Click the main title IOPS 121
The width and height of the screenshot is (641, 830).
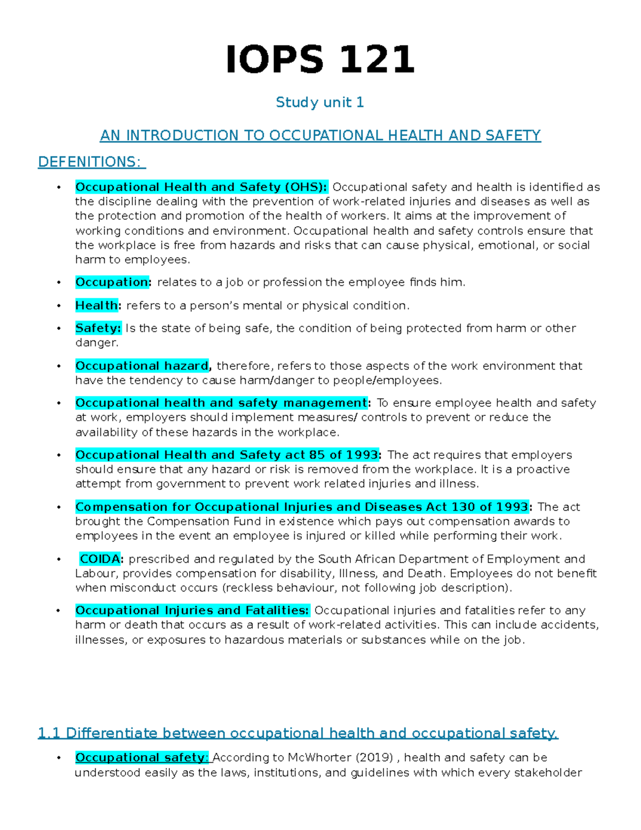coord(320,59)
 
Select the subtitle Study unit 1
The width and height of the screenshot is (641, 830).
coord(319,102)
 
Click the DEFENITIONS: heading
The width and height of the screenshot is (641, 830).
coord(91,162)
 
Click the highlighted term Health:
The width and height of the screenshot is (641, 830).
coord(98,305)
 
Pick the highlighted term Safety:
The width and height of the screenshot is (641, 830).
coord(98,328)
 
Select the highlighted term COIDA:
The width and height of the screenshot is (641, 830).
coord(101,559)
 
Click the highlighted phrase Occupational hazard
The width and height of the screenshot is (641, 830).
coord(142,366)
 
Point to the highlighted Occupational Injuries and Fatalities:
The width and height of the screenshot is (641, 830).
coord(192,610)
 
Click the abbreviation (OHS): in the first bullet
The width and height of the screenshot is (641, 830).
coord(306,187)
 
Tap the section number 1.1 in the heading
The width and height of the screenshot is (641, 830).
coord(49,733)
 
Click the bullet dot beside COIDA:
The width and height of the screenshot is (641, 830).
coord(59,560)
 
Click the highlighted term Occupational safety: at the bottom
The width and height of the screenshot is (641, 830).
coord(142,758)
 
